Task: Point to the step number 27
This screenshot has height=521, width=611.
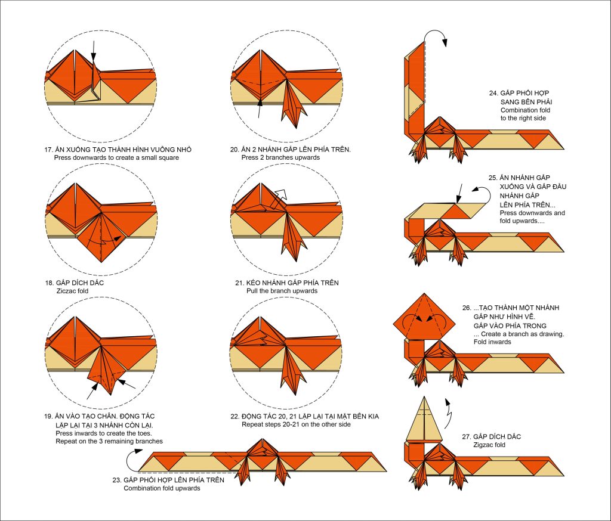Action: (x=467, y=436)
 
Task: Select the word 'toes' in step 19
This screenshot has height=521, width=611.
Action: (x=131, y=433)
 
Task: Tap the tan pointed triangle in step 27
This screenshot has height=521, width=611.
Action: (x=421, y=420)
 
